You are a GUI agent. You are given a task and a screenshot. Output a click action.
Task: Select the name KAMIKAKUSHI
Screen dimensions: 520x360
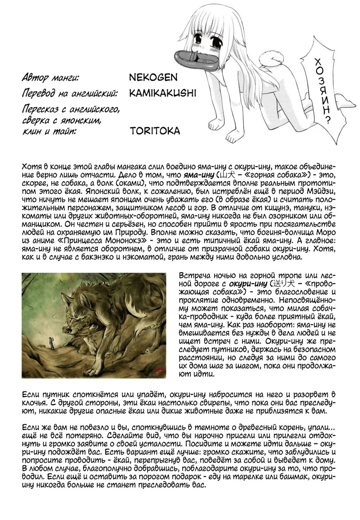coord(162,93)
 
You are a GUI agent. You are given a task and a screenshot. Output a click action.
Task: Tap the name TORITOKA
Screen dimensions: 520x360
coord(154,130)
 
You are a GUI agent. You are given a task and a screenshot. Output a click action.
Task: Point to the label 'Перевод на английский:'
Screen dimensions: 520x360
coord(70,94)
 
